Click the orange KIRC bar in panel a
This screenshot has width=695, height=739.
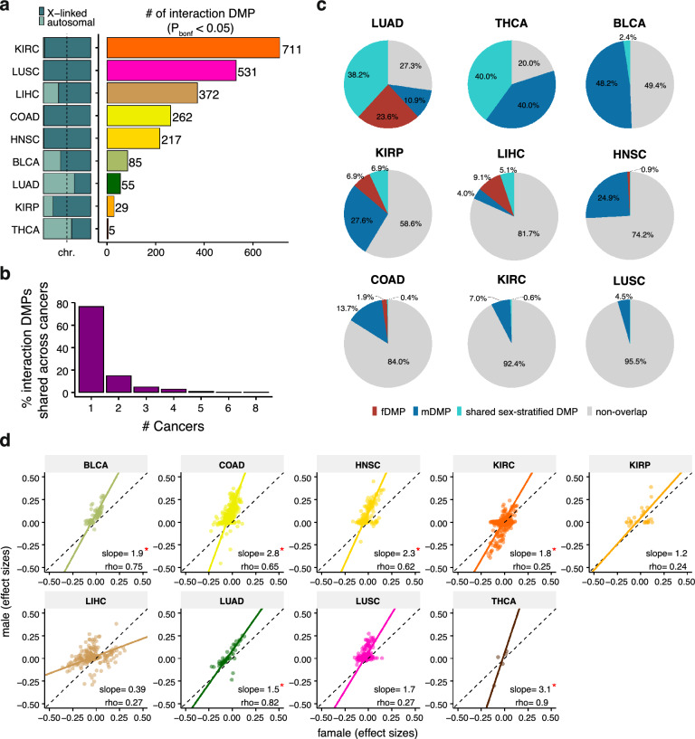click(193, 47)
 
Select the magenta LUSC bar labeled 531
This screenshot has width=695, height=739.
click(171, 70)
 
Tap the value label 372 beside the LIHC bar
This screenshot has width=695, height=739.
click(239, 93)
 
